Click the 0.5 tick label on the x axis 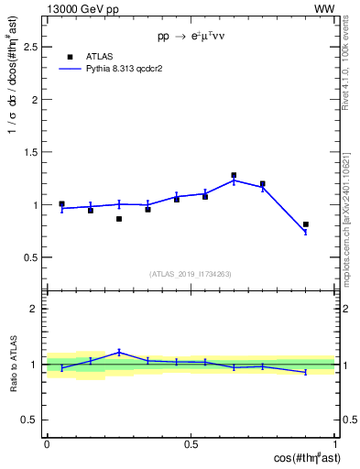click(191, 444)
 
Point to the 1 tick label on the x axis click(334, 444)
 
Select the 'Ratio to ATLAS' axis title click(14, 365)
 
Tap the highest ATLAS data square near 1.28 click(234, 175)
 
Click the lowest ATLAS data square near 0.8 click(306, 224)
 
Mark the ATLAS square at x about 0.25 click(119, 219)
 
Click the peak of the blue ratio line click(119, 352)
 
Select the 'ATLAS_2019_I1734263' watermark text click(191, 273)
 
